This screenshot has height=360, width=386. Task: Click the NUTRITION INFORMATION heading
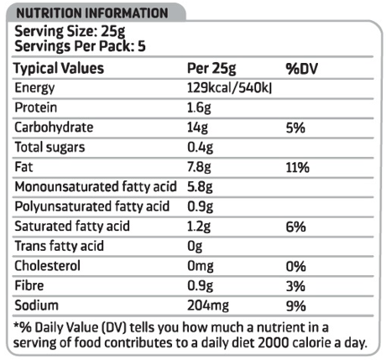pos(92,13)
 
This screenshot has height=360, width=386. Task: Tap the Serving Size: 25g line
pos(70,32)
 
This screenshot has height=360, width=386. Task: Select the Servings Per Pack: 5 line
pos(80,46)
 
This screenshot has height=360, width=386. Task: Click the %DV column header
pos(302,69)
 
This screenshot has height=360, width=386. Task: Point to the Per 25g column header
pos(211,69)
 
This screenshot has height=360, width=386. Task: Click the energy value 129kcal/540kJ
pos(229,88)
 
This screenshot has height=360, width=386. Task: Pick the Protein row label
pos(36,107)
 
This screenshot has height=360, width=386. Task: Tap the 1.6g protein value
pos(199,108)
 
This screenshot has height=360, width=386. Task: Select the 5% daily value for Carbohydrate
pos(295,128)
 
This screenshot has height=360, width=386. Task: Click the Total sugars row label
pos(50,148)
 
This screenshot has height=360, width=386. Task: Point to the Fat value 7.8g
pos(199,167)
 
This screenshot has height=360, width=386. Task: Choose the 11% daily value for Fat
pos(298,168)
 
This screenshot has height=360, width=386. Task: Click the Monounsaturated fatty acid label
pos(96,186)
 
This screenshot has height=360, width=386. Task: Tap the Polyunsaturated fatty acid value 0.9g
pos(200,206)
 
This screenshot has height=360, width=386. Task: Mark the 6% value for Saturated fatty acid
pos(295,227)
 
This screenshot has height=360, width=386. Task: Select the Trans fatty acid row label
pos(59,246)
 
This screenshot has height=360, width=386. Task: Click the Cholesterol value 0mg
pos(201,266)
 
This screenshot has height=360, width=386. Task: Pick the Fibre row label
pos(29,285)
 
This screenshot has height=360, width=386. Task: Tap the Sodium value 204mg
pos(208,305)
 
